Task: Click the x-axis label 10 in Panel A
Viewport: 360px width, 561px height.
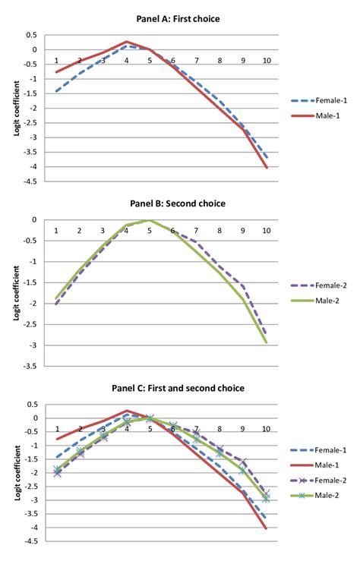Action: pos(265,61)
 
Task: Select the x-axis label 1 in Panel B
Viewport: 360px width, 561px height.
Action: pos(55,231)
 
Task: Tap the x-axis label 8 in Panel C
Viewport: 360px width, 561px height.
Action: pos(219,429)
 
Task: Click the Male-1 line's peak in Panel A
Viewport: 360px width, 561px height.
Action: pos(126,42)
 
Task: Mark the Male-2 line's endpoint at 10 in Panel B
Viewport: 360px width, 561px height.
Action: pos(266,342)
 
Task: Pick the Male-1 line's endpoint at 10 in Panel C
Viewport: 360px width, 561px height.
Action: pos(266,528)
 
